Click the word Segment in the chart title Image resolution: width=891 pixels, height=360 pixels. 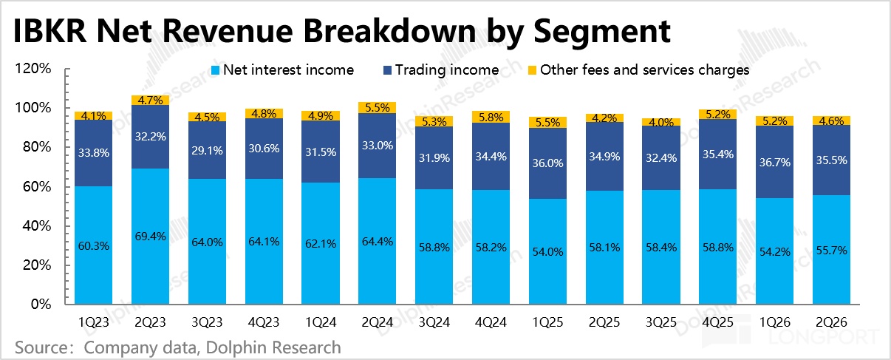click(602, 33)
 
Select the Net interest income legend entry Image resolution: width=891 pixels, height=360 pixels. click(282, 70)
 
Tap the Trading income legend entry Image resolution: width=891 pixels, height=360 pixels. click(441, 70)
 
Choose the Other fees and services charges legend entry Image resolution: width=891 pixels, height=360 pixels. click(639, 70)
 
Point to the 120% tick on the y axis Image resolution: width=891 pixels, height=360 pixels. click(33, 69)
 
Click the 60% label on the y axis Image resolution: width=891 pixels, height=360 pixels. click(37, 186)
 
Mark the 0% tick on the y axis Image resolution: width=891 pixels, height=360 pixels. click(41, 304)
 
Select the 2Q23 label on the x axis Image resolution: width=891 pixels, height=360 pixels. click(150, 322)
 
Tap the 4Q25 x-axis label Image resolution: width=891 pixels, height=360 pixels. click(717, 322)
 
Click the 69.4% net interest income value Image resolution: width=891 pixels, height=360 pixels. click(151, 237)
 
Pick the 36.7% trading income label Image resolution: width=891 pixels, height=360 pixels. click(775, 163)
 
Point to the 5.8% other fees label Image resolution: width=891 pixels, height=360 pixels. click(491, 118)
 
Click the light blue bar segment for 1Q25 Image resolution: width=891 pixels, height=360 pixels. click(547, 251)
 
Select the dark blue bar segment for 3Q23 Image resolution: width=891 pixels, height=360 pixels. click(208, 150)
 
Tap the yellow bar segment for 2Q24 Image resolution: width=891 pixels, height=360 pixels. click(377, 108)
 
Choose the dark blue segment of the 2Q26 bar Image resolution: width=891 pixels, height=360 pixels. click(831, 160)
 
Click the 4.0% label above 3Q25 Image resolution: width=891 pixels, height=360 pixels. click(661, 122)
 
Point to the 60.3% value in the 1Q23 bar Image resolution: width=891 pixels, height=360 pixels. click(94, 246)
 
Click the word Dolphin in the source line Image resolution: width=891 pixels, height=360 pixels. click(233, 347)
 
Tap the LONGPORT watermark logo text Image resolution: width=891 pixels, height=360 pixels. click(823, 337)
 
